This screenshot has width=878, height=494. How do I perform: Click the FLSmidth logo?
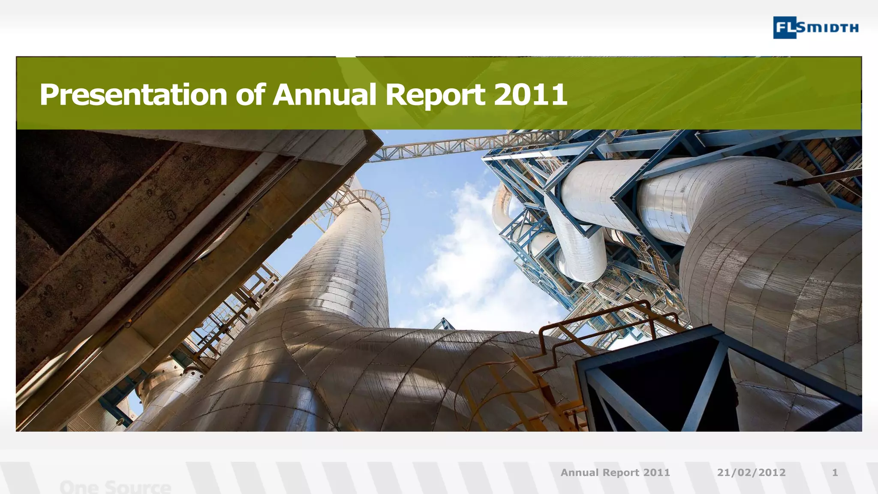tap(815, 27)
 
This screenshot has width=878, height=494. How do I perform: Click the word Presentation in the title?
tap(133, 95)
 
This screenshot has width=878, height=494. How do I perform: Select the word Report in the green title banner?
tap(435, 95)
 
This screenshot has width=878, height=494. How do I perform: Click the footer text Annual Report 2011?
tap(615, 473)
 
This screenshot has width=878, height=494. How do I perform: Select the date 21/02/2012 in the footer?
tap(751, 473)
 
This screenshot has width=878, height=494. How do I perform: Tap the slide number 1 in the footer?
tap(835, 473)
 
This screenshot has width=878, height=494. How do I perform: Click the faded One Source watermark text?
tap(115, 487)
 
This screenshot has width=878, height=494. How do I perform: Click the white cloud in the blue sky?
tap(467, 257)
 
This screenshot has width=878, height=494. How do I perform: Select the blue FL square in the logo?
tap(785, 27)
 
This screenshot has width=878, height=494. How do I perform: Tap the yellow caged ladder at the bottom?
tap(527, 386)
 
